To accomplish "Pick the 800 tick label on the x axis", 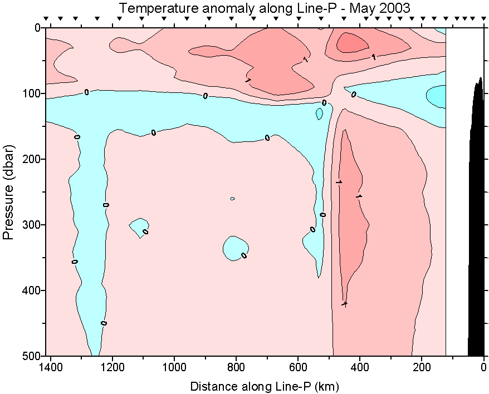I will click(236, 367).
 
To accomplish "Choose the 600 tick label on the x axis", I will click(298, 367).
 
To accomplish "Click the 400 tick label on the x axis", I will click(360, 367).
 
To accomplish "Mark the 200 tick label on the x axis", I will click(422, 367).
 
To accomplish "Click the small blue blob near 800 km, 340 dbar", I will click(235, 248).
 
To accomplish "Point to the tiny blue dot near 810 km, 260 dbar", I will click(232, 199).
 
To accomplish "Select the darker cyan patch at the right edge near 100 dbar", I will click(437, 95).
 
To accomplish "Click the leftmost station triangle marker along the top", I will click(46, 19).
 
